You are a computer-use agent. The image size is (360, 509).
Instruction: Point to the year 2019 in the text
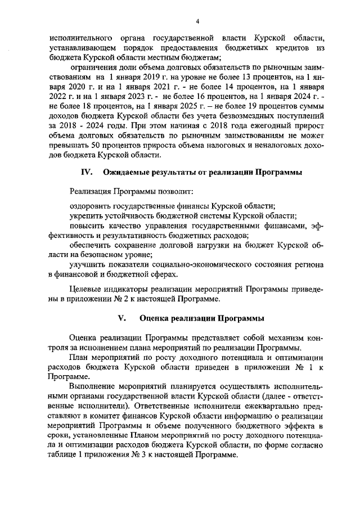point(133,78)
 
